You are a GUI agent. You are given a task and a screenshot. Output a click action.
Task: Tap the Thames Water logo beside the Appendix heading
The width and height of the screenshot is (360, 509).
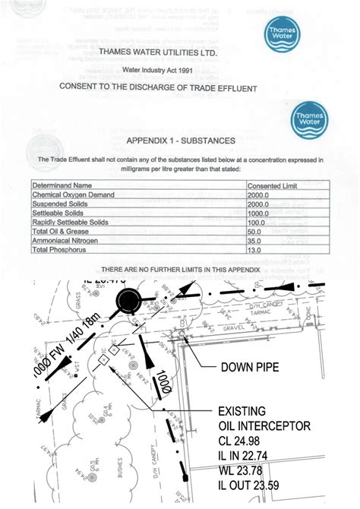coord(309,120)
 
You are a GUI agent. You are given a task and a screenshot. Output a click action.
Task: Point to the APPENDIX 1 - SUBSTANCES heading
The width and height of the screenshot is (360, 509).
coord(181,141)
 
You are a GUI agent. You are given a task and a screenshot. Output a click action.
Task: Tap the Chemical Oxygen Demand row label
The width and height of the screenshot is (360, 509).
coord(73,195)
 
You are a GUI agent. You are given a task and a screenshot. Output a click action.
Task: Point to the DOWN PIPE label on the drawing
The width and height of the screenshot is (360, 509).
coord(250,368)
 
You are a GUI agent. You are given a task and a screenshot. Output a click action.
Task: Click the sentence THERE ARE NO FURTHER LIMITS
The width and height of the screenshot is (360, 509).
coord(181,270)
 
